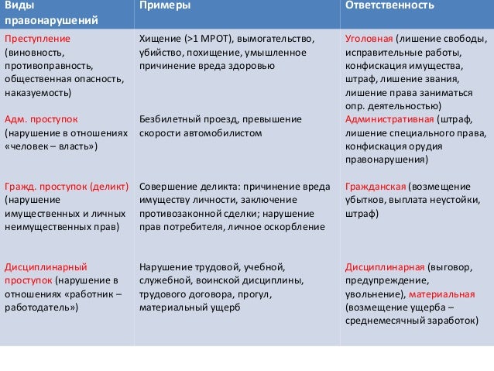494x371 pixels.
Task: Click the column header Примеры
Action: (166, 6)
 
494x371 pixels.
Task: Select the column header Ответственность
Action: (385, 6)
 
